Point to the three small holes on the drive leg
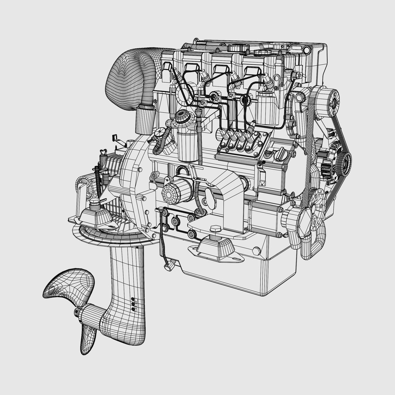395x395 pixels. pos(133,303)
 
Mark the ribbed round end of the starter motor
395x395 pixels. pos(172,192)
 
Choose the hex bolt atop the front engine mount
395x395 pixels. pos(215,230)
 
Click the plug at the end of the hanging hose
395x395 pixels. pos(169,268)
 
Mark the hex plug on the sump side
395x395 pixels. pos(257,251)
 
